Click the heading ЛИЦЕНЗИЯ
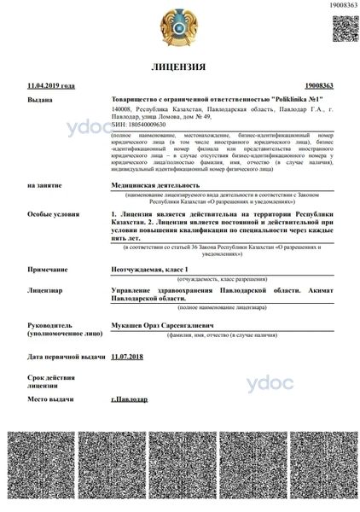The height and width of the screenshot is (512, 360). [179, 67]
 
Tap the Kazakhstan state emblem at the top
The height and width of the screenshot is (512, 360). [179, 26]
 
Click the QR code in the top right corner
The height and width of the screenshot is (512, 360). [344, 27]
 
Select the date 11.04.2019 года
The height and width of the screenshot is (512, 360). [51, 86]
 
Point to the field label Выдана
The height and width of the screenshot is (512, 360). [40, 100]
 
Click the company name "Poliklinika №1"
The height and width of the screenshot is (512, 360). [277, 100]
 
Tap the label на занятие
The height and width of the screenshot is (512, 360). [44, 184]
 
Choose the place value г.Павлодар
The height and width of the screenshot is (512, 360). [130, 399]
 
